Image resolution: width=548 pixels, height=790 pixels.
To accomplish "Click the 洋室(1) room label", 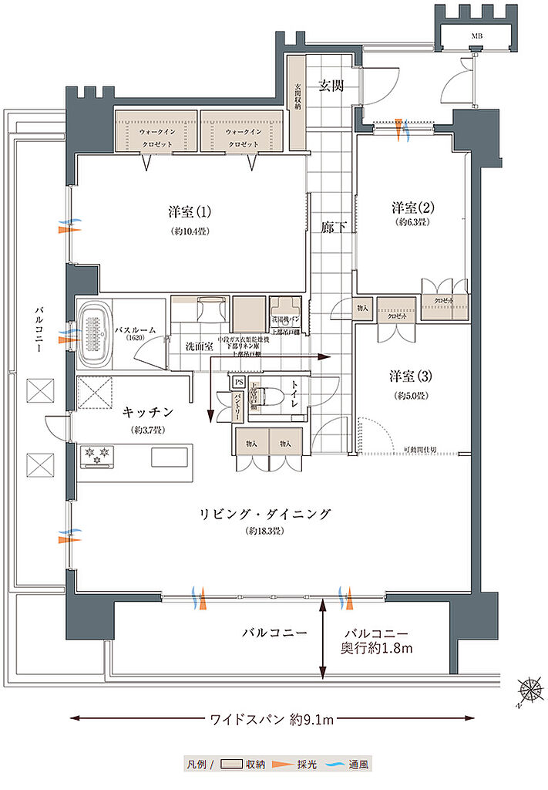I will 189,211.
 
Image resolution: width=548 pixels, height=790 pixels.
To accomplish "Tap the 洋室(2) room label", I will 413,208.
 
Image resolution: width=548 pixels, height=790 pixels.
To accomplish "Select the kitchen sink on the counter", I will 169,457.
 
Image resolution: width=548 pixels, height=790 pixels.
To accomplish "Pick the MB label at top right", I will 477,35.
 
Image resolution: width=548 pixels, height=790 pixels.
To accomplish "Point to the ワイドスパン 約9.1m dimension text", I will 272,720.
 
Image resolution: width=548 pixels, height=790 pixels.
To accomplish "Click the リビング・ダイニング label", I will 266,514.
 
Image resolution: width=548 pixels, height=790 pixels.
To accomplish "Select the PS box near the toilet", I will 239,382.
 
